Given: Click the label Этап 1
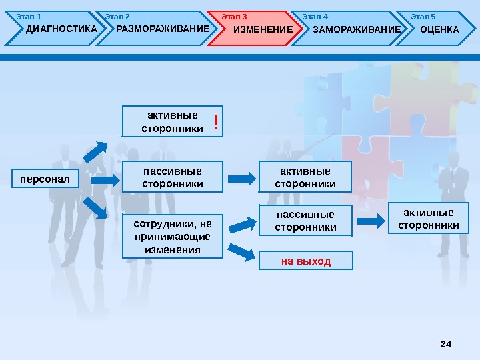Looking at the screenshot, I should (x=29, y=16).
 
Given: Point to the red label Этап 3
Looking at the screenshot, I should (x=234, y=16).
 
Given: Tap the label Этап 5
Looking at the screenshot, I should (x=423, y=16).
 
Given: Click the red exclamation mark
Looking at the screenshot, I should (x=216, y=121).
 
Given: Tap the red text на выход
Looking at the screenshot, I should (x=305, y=260).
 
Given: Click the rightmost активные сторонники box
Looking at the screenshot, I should (x=428, y=219).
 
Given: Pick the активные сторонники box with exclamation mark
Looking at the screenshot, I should (x=172, y=121).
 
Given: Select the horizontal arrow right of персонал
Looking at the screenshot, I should (x=105, y=179).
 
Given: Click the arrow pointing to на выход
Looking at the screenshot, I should (x=241, y=252).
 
